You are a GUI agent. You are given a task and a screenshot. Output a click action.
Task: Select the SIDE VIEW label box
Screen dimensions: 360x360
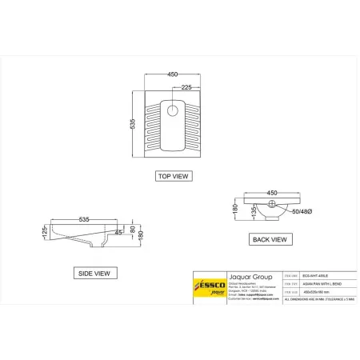pos(92,273)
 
